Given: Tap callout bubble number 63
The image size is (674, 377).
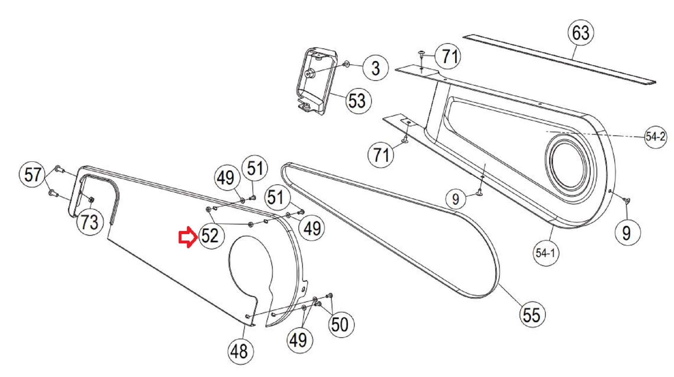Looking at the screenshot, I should [x=580, y=33].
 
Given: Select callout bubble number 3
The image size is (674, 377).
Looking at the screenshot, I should [x=376, y=68].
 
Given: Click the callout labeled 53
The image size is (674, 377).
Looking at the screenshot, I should [x=357, y=101].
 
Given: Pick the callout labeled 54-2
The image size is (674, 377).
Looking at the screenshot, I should [x=655, y=136].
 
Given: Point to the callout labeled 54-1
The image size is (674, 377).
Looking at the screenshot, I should [x=545, y=253].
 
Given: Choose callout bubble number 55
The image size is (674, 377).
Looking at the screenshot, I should [x=532, y=315].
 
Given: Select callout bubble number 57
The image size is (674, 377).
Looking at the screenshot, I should [x=33, y=174].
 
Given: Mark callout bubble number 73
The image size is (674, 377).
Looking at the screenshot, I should [x=90, y=222].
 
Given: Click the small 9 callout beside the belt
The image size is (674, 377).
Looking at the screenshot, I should [x=456, y=199].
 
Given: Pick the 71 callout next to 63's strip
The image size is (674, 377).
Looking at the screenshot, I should [x=448, y=56].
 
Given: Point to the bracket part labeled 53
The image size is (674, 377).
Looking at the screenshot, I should [x=316, y=81].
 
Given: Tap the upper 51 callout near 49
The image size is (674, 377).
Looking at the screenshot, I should [x=255, y=168].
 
